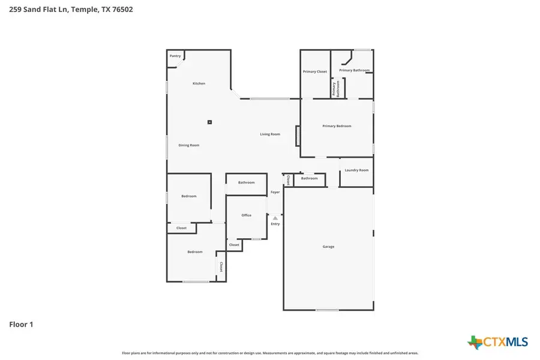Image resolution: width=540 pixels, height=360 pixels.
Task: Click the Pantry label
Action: pyautogui.click(x=175, y=56)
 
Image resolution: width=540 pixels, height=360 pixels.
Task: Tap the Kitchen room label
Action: pyautogui.click(x=199, y=83)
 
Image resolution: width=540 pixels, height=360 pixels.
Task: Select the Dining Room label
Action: pyautogui.click(x=189, y=145)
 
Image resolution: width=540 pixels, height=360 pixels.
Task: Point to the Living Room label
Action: pyautogui.click(x=270, y=134)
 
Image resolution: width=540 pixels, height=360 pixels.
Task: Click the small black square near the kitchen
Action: pyautogui.click(x=209, y=122)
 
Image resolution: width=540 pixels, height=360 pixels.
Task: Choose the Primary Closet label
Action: pyautogui.click(x=315, y=71)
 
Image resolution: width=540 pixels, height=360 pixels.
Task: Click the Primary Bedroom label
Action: pyautogui.click(x=337, y=126)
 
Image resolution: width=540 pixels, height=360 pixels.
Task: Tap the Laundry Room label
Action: pyautogui.click(x=356, y=170)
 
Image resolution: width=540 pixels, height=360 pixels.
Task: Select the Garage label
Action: pyautogui.click(x=328, y=247)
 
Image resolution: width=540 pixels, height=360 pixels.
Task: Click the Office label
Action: pyautogui.click(x=246, y=215)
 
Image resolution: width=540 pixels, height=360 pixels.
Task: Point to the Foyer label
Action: pyautogui.click(x=275, y=192)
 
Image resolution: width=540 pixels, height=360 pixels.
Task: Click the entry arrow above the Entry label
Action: pyautogui.click(x=275, y=218)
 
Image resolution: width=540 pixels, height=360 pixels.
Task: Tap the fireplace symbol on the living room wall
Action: pyautogui.click(x=296, y=136)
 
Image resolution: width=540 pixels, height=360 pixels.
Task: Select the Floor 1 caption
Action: pyautogui.click(x=21, y=325)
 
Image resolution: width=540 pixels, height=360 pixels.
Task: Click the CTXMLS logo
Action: pyautogui.click(x=498, y=342)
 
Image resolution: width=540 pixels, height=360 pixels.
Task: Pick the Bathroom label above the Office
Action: pyautogui.click(x=246, y=182)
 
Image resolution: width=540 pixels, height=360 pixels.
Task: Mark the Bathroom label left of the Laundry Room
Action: pyautogui.click(x=309, y=178)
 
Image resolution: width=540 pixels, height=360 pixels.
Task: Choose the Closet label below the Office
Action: pyautogui.click(x=234, y=245)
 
